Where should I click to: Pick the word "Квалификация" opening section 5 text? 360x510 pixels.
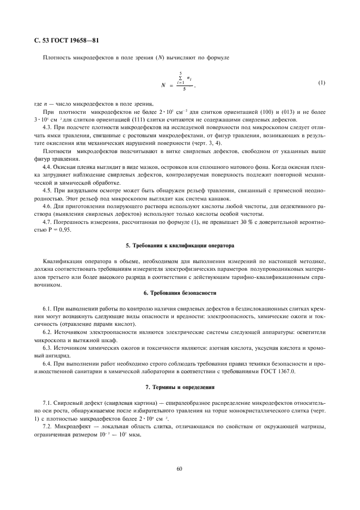(x=60, y=263)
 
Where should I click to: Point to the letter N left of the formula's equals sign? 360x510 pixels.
(x=163, y=86)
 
